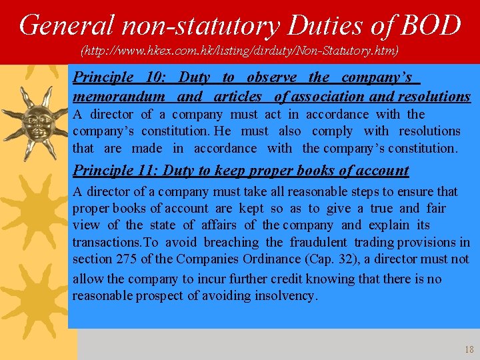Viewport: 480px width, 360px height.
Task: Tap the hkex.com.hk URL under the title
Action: pyautogui.click(x=239, y=50)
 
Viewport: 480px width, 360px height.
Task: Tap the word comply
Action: pyautogui.click(x=332, y=131)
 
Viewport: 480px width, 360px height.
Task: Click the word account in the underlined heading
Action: pyautogui.click(x=382, y=170)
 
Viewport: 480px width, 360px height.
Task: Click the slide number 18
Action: pyautogui.click(x=468, y=349)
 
